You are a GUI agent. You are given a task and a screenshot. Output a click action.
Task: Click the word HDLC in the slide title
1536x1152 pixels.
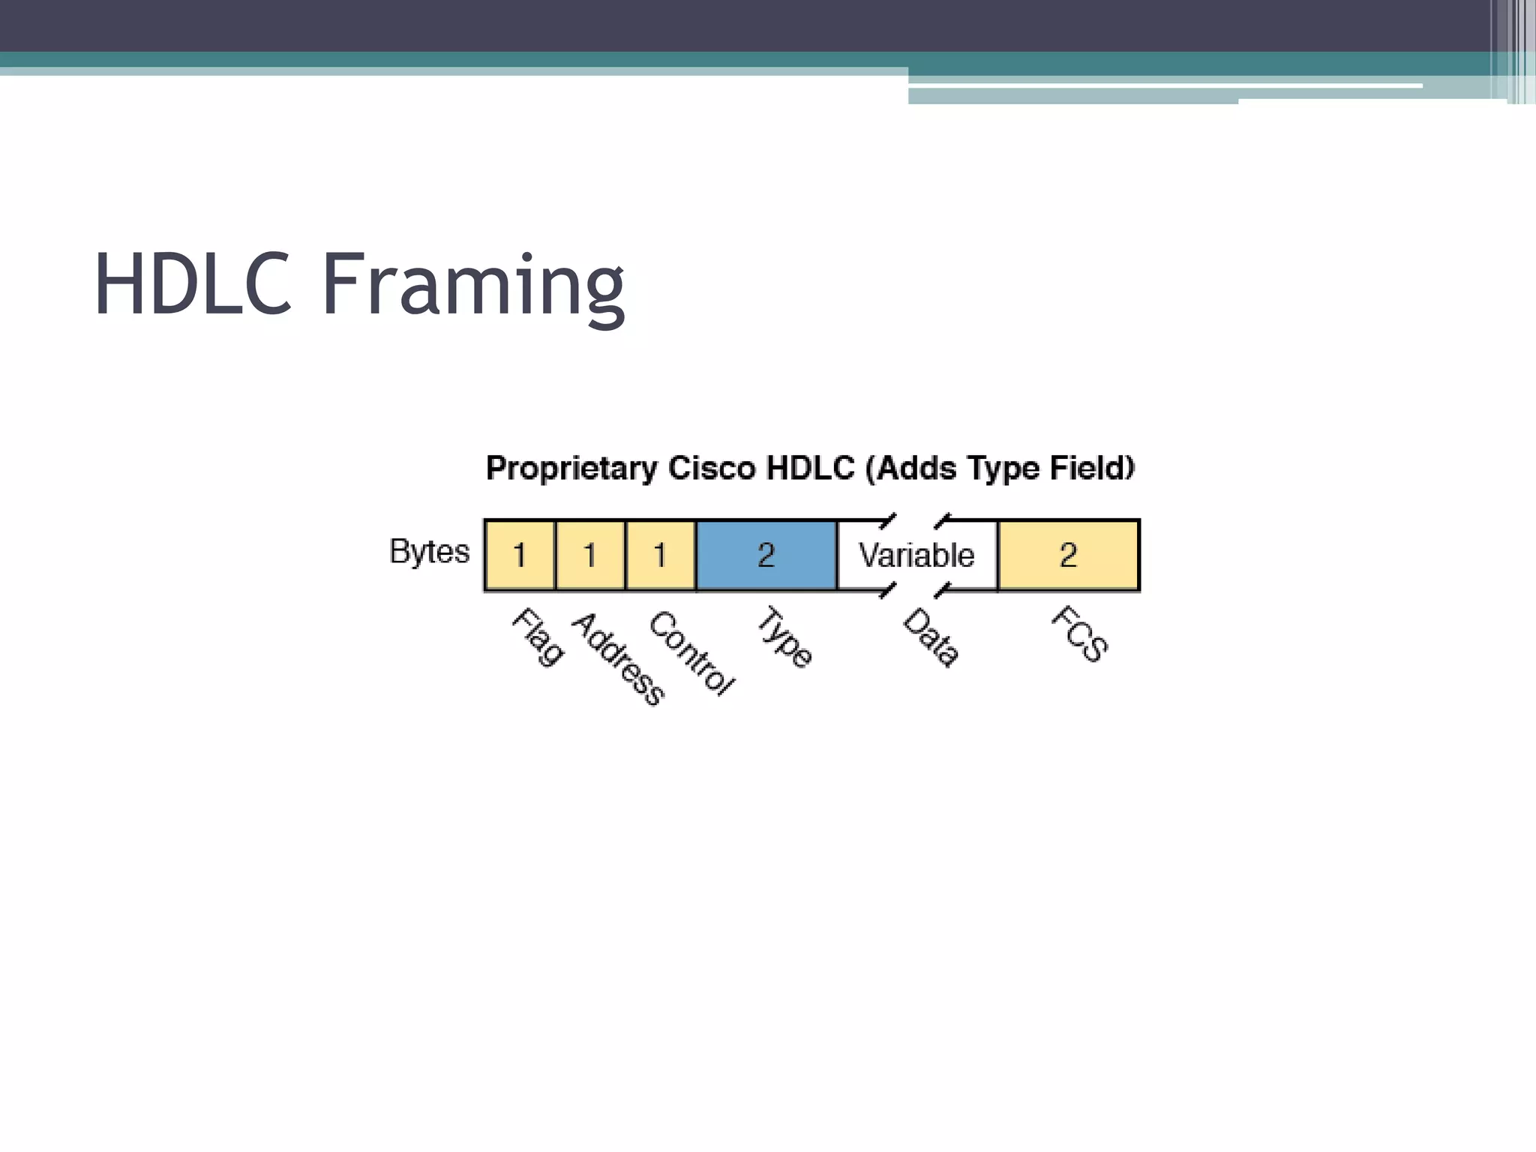click(x=192, y=285)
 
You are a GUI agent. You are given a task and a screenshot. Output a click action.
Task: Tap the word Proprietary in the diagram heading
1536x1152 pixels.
click(x=571, y=469)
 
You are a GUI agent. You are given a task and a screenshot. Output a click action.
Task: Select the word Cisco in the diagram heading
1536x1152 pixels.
click(x=711, y=468)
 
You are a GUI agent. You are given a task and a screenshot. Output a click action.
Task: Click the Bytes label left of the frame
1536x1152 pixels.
click(x=429, y=551)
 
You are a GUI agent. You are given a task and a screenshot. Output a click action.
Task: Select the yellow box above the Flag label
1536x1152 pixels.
click(x=519, y=555)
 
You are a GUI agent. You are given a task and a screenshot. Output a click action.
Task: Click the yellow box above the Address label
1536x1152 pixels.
click(x=589, y=555)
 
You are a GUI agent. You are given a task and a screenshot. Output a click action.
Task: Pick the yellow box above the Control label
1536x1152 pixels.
click(x=660, y=555)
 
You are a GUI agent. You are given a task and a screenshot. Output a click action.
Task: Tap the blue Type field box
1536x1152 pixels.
click(x=766, y=555)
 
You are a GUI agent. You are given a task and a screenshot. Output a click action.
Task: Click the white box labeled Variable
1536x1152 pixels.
click(x=916, y=555)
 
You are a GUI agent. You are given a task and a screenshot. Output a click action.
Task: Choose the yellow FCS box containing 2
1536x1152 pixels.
click(x=1068, y=555)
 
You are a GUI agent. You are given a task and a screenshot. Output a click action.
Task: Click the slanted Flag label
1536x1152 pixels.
click(x=538, y=637)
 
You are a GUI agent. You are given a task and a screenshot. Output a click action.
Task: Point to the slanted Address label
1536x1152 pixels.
click(x=618, y=658)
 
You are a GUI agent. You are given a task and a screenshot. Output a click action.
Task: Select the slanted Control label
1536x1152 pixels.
click(x=691, y=652)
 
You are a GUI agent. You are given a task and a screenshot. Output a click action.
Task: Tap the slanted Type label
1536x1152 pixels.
click(x=784, y=637)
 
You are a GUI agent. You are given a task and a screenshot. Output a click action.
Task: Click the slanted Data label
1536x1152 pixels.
click(x=931, y=637)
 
